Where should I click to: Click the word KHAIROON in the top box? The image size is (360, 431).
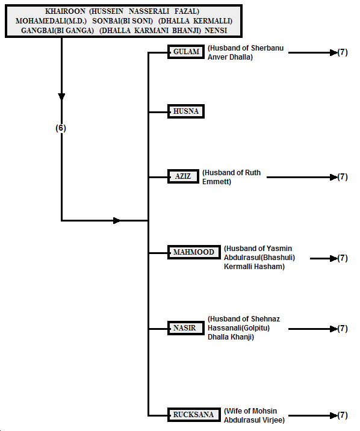pyautogui.click(x=65, y=11)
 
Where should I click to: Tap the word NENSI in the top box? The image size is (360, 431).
pyautogui.click(x=216, y=31)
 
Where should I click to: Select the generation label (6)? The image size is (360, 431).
pyautogui.click(x=61, y=128)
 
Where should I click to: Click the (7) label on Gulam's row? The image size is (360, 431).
pyautogui.click(x=343, y=52)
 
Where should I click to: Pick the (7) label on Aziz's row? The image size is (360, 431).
pyautogui.click(x=343, y=177)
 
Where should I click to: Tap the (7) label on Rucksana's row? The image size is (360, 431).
pyautogui.click(x=343, y=415)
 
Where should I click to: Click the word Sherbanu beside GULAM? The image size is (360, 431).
pyautogui.click(x=267, y=48)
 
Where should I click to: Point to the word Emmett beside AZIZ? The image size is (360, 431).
pyautogui.click(x=217, y=182)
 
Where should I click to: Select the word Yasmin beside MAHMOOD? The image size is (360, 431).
pyautogui.click(x=279, y=249)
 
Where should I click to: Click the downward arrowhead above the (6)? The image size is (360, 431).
pyautogui.click(x=61, y=97)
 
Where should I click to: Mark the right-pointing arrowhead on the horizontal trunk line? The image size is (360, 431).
pyautogui.click(x=117, y=220)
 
